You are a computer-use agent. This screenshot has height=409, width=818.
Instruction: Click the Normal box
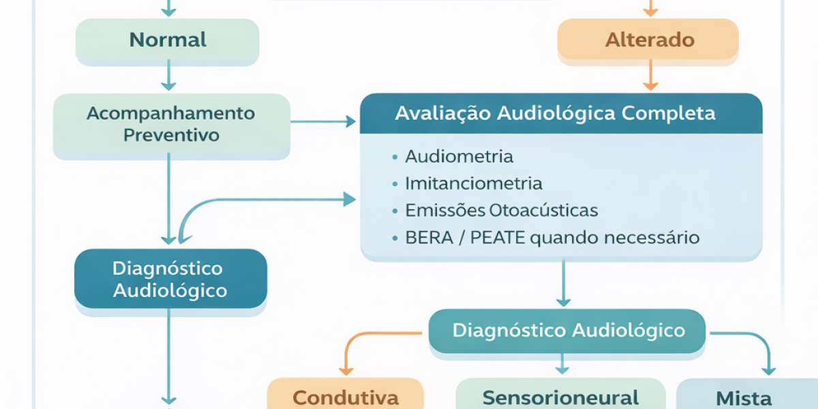click(x=167, y=40)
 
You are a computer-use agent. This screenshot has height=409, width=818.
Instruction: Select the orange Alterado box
click(x=649, y=40)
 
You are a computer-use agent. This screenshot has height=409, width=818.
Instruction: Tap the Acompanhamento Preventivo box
click(x=171, y=124)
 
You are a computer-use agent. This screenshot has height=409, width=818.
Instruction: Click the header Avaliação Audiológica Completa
click(x=556, y=113)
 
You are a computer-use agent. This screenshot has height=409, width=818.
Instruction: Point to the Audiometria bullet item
click(x=459, y=157)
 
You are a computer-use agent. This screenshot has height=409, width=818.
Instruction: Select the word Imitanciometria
click(x=474, y=183)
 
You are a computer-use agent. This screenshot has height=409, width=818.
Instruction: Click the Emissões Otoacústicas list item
click(x=501, y=211)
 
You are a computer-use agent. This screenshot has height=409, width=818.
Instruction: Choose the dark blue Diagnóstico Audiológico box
click(x=170, y=279)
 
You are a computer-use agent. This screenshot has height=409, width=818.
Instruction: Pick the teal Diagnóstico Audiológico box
click(x=569, y=331)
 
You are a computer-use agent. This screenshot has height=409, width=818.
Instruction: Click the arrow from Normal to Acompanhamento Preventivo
click(x=168, y=78)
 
